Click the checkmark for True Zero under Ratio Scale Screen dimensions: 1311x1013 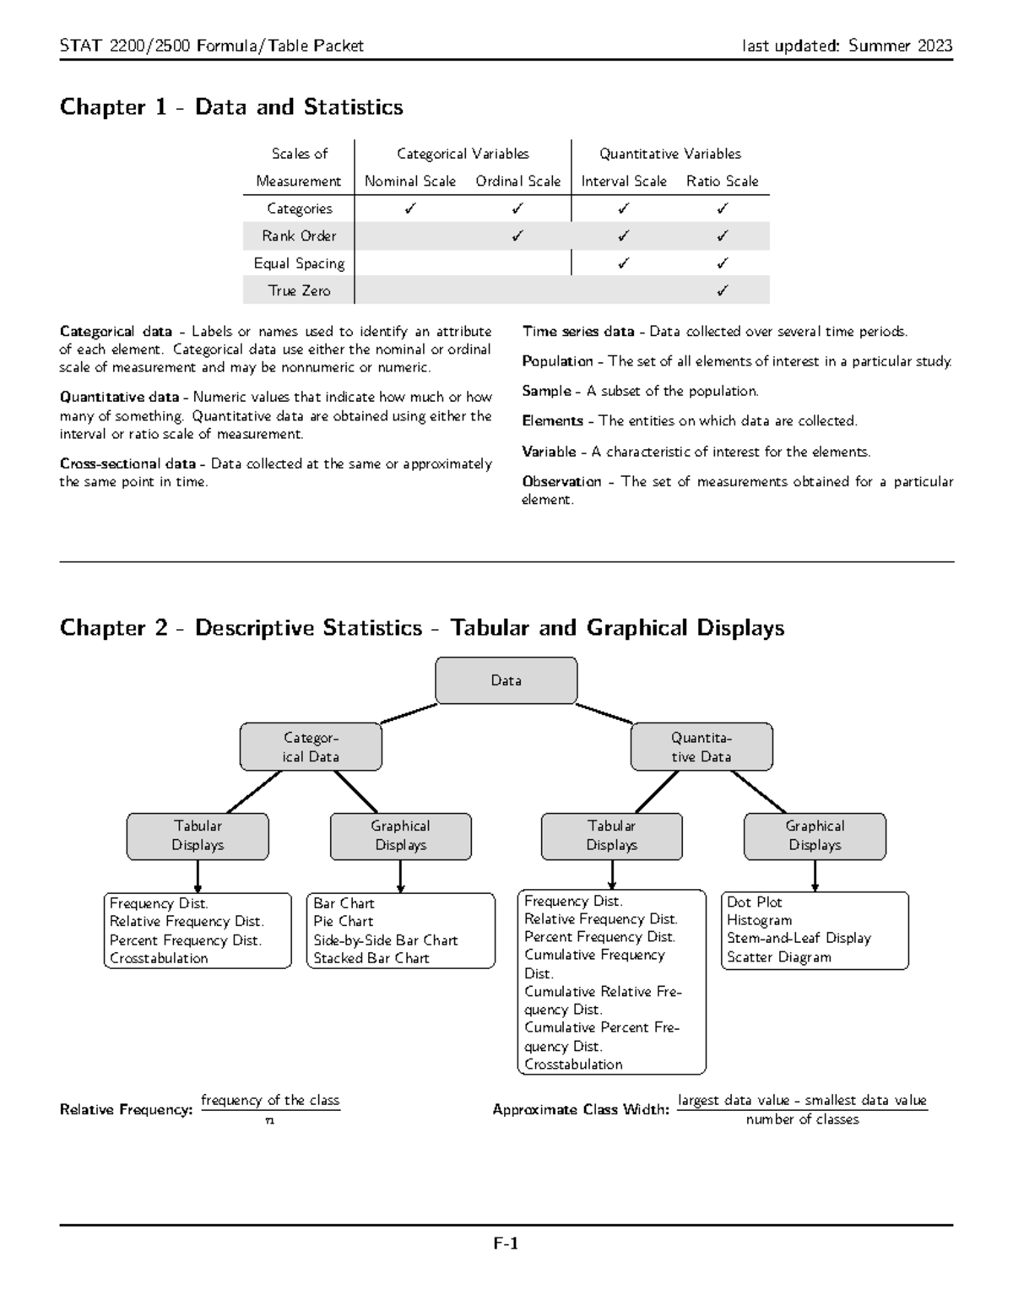click(x=722, y=290)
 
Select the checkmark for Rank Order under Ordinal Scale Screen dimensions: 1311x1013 click(x=517, y=236)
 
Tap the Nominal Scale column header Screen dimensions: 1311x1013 click(x=409, y=181)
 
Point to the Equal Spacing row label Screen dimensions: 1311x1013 click(x=299, y=263)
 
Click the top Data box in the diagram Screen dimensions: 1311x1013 click(x=506, y=680)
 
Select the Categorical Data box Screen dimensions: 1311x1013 click(x=311, y=747)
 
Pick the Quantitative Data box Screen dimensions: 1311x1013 click(x=702, y=747)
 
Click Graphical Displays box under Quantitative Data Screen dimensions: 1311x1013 click(x=815, y=836)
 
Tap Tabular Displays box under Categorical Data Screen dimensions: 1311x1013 click(x=198, y=836)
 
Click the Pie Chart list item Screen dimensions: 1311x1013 click(x=343, y=921)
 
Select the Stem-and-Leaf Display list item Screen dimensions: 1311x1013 click(x=799, y=938)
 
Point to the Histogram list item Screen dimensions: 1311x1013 click(x=759, y=920)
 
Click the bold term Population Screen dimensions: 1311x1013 click(x=557, y=361)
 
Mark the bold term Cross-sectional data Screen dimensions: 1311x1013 click(x=127, y=463)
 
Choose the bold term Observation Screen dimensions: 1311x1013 click(x=561, y=481)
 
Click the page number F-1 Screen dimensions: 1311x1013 click(x=506, y=1243)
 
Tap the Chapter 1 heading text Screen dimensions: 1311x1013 click(x=231, y=107)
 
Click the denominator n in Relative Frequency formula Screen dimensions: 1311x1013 click(x=269, y=1121)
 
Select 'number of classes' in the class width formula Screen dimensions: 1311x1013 click(x=802, y=1119)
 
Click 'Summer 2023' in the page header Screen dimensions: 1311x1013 click(x=900, y=46)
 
